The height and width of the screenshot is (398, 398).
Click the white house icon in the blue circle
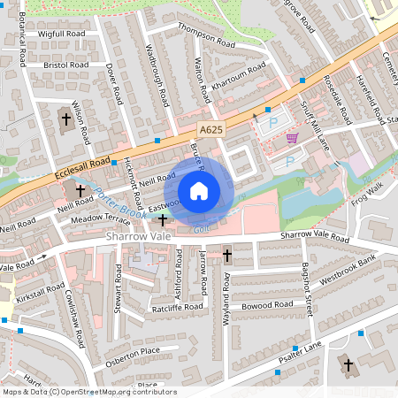[x=199, y=190]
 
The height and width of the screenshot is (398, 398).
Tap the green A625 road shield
[x=210, y=130]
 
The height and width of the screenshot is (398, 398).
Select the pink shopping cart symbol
[x=292, y=138]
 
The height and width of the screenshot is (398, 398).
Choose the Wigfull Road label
[x=62, y=34]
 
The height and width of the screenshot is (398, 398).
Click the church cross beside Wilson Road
[x=66, y=118]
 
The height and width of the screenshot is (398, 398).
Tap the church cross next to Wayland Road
[x=226, y=256]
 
